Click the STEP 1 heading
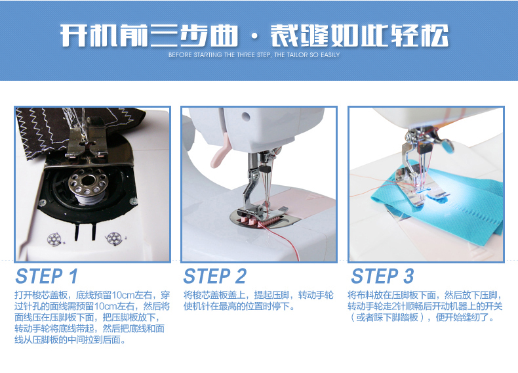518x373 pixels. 47,276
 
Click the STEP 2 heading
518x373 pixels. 214,276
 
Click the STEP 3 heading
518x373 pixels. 382,276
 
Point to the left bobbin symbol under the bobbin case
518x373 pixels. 54,240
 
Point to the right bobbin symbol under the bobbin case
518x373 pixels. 113,238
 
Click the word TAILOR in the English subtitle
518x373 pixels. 297,55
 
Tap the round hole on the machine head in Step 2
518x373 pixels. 245,116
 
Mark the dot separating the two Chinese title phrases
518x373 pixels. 254,37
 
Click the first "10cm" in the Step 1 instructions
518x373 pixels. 123,295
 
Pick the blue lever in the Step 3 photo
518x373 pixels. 447,146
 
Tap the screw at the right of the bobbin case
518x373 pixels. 133,200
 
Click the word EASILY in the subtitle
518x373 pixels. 330,55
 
